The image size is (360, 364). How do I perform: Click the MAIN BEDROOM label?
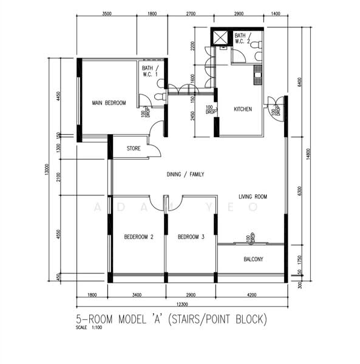(x=109, y=103)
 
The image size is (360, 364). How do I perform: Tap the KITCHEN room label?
(x=243, y=109)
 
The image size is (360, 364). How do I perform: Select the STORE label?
(x=134, y=148)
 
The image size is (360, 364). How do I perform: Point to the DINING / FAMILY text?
(x=185, y=174)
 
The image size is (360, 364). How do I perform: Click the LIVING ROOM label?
(x=253, y=197)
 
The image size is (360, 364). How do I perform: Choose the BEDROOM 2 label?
(x=138, y=237)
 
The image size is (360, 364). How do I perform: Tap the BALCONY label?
(x=253, y=259)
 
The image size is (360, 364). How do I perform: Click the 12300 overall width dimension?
(x=182, y=304)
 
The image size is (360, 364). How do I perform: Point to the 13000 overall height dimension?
(x=46, y=170)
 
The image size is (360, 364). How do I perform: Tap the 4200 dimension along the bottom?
(x=251, y=295)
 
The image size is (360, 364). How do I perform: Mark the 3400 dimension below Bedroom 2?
(x=137, y=295)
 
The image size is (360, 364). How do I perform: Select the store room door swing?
(x=155, y=150)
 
